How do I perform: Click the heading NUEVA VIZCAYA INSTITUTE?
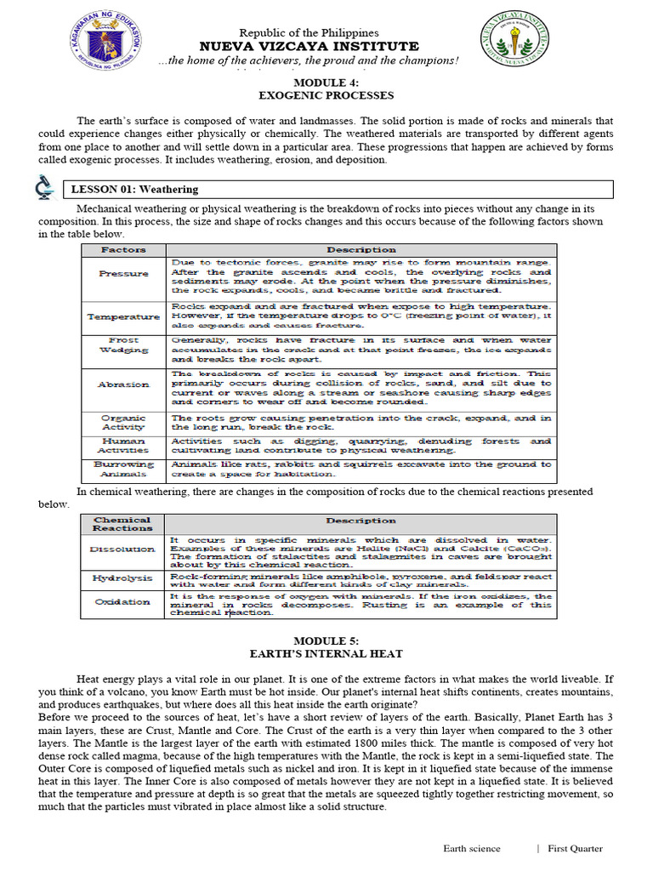click(308, 46)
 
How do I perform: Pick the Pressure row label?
click(123, 274)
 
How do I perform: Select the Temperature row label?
click(123, 316)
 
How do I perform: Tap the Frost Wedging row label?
click(123, 345)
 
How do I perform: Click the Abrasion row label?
click(123, 384)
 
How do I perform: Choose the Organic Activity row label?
click(123, 423)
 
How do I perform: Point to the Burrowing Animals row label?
click(123, 470)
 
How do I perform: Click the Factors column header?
click(123, 250)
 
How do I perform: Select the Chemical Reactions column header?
click(122, 524)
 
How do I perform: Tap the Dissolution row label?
click(122, 549)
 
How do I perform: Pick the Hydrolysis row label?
click(122, 578)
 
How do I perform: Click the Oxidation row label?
click(122, 602)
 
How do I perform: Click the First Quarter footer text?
click(575, 848)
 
